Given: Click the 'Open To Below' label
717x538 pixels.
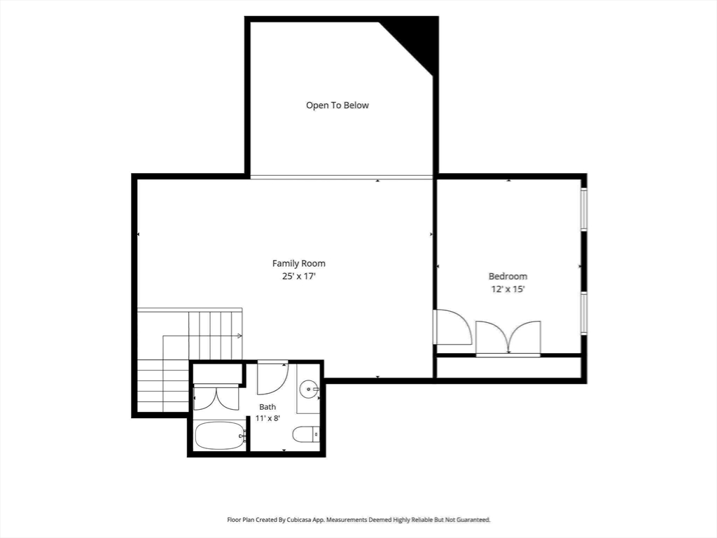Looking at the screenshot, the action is pos(337,105).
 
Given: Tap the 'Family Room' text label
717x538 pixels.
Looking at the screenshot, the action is pos(298,263).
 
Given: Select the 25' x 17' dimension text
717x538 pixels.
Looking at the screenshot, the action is pos(299,276).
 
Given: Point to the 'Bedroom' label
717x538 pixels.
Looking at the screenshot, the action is pos(508,276).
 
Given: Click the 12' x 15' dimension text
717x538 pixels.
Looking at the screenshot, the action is pos(508,289).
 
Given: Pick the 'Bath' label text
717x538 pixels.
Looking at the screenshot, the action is pos(267,407).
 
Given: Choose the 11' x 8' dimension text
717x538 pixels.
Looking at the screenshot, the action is pos(267,418).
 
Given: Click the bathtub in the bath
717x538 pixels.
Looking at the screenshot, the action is pos(221,436).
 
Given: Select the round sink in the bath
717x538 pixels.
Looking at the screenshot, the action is pos(309,389).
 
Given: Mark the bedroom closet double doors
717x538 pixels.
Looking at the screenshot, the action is pos(508,338).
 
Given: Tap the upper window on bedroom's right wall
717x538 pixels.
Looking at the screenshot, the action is pos(584,209).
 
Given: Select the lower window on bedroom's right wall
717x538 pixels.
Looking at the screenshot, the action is pos(584,312).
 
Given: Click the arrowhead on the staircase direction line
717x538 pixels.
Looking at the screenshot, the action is pos(239,336).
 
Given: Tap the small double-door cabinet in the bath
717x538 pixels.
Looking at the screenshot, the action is pos(216,397).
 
